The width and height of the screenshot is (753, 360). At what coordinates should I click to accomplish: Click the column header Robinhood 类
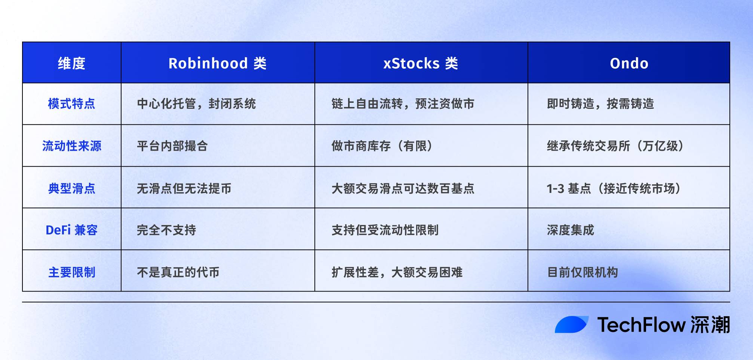(217, 63)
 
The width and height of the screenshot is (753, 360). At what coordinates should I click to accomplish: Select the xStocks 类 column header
(421, 63)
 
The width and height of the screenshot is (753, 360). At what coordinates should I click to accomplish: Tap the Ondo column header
(629, 63)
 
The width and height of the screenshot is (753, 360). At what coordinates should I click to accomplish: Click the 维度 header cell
(71, 63)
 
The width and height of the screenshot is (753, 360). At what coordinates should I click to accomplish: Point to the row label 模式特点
(71, 104)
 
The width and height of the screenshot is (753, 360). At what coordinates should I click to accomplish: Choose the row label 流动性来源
(71, 146)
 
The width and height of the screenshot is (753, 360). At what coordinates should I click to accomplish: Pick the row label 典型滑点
(71, 188)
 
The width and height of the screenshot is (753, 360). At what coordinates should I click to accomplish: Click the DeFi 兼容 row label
(71, 230)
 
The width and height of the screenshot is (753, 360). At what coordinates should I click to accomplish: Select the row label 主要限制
(71, 272)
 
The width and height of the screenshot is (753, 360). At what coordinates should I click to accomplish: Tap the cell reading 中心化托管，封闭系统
(196, 104)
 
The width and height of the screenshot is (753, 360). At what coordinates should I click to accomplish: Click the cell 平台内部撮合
(172, 146)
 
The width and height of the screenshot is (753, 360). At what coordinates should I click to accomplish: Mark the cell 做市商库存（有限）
(382, 146)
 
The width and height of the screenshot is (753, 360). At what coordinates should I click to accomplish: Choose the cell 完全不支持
(166, 230)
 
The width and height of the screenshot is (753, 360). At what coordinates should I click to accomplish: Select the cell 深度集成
(570, 230)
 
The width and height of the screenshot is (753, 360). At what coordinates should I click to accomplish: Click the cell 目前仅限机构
(582, 272)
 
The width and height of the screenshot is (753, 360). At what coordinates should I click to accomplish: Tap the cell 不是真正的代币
(178, 272)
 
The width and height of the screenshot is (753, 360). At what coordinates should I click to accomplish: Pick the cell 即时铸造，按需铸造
(600, 104)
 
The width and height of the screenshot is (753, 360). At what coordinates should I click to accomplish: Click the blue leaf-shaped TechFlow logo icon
(571, 324)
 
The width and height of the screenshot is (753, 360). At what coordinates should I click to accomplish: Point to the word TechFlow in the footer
(641, 324)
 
